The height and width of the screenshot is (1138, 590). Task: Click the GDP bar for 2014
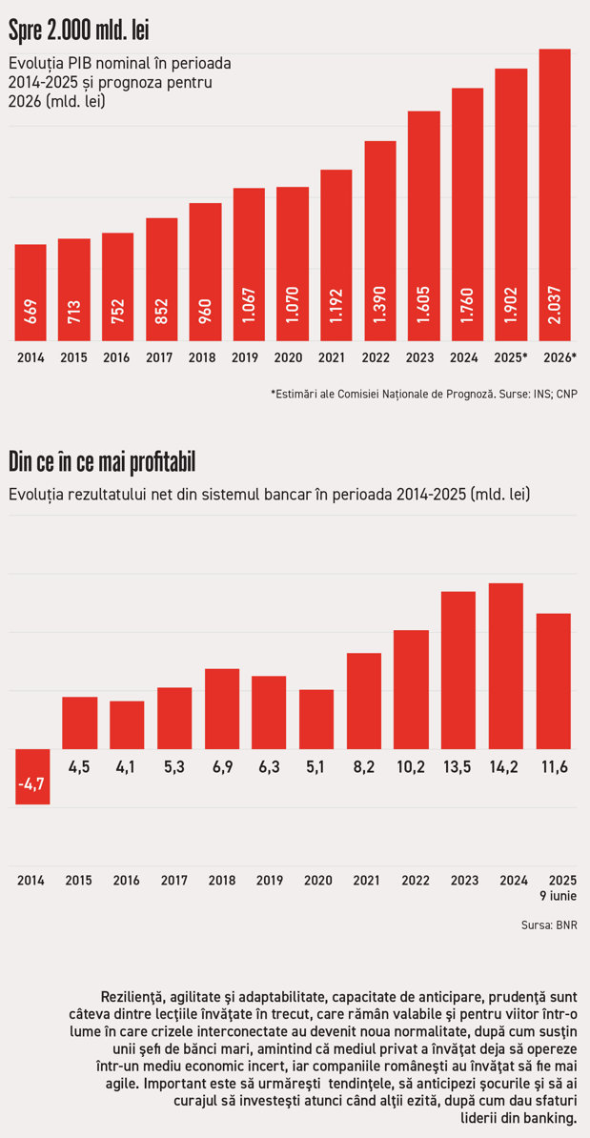pos(31,293)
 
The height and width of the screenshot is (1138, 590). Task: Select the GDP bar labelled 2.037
pos(555,194)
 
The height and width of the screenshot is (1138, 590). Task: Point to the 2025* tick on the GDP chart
pos(511,357)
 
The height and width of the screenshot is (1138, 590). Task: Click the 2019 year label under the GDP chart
pos(249,357)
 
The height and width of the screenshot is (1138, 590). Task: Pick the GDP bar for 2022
pos(380,241)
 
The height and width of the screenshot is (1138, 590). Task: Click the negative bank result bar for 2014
pos(32,776)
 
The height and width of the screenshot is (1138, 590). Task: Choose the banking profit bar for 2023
pos(458,670)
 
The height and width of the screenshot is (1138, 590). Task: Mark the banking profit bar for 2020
pos(317,720)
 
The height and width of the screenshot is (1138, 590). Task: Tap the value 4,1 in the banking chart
pos(127,766)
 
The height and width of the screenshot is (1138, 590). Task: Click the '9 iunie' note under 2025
pos(558,896)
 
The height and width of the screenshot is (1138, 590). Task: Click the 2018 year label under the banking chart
pos(222,881)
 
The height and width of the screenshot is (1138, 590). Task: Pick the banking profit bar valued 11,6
pos(554,681)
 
